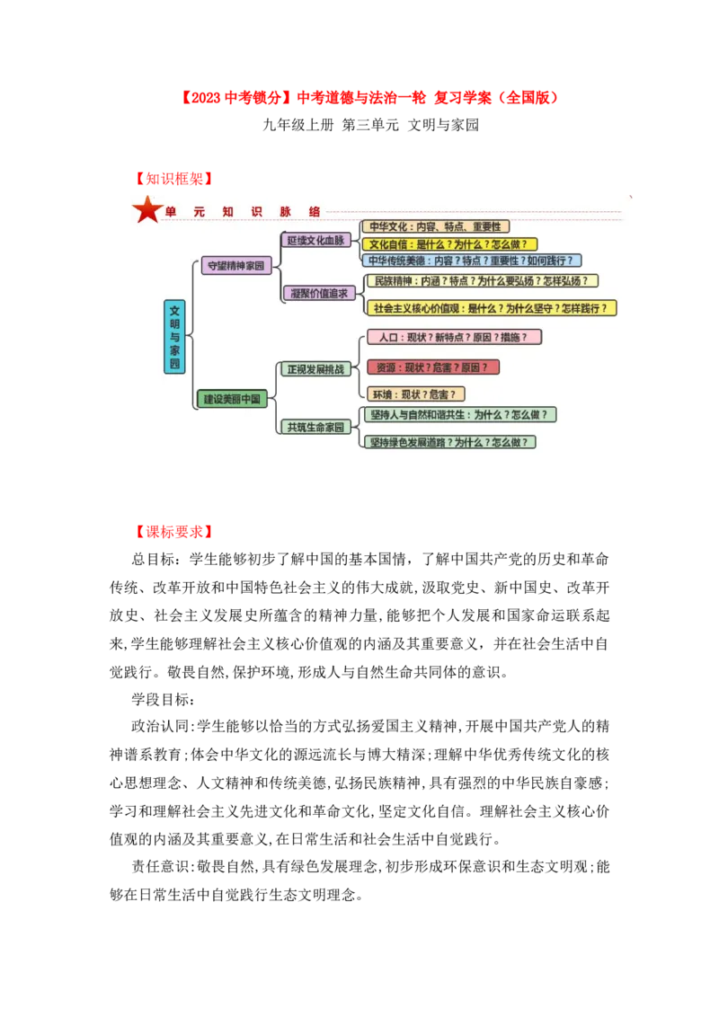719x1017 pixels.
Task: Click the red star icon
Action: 146,209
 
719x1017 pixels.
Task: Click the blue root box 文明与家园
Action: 174,337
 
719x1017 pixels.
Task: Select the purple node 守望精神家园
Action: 235,265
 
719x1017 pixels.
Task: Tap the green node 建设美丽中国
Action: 232,399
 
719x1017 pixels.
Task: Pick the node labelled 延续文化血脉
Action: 315,240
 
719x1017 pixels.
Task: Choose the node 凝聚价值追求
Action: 319,293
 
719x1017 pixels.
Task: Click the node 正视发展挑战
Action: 315,369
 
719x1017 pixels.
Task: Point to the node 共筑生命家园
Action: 315,427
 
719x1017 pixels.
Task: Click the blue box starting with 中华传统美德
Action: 471,261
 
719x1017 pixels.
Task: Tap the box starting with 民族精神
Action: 482,281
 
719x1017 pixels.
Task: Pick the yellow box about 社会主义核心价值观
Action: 492,308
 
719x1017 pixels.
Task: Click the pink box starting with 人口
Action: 454,337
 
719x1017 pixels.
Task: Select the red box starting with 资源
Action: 433,367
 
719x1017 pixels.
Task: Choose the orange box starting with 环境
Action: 415,394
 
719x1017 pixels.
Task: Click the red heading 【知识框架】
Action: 173,179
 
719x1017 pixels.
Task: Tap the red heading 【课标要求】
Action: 173,532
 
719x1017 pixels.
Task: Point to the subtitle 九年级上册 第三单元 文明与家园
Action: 370,125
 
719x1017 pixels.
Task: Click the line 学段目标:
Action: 163,699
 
